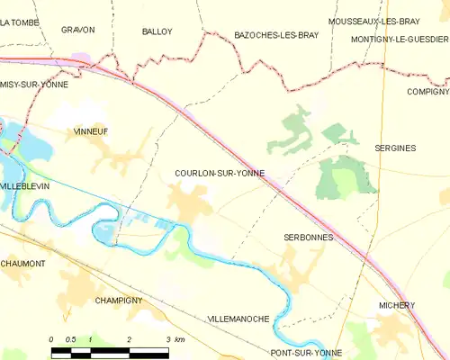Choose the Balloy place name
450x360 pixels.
click(157, 31)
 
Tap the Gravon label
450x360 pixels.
click(78, 30)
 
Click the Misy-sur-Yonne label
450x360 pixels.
click(32, 83)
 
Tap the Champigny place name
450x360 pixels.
click(119, 300)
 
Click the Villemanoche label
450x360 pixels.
click(239, 319)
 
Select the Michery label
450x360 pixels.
click(396, 305)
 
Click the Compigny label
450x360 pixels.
click(426, 92)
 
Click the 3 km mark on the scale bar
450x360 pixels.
click(168, 339)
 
